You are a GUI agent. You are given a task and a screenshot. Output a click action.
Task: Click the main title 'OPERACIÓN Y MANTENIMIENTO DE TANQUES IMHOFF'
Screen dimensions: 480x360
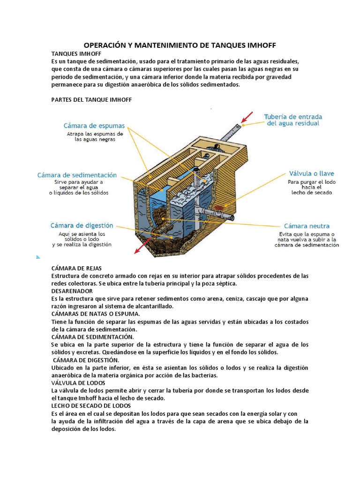tap(180, 45)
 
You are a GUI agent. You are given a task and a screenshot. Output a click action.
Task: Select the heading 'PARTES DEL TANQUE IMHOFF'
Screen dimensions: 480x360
tap(91, 100)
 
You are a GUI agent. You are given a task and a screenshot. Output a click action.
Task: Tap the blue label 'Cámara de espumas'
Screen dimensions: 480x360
tap(94, 126)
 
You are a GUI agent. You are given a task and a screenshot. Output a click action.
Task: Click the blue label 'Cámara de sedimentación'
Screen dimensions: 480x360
tap(77, 175)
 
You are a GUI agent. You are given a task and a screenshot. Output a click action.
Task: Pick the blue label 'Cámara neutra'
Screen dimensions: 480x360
tap(307, 226)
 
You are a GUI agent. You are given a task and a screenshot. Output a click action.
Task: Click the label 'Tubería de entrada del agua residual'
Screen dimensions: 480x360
tap(293, 120)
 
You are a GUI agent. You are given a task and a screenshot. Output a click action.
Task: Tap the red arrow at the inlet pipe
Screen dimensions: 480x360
tap(247, 118)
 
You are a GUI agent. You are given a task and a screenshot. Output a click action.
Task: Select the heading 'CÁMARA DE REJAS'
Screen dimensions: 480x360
tap(76, 268)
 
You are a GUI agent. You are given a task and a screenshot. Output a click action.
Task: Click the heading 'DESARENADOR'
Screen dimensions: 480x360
tap(72, 291)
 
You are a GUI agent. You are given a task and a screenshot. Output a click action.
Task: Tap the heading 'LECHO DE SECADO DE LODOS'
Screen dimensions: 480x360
tap(91, 405)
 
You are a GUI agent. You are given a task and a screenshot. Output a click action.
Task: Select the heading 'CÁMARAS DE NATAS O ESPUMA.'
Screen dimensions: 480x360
tap(96, 314)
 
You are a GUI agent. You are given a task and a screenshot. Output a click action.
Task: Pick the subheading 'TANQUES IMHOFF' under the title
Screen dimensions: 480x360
tap(76, 54)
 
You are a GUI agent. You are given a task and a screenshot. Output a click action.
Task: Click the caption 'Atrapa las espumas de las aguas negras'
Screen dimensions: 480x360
tap(94, 136)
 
